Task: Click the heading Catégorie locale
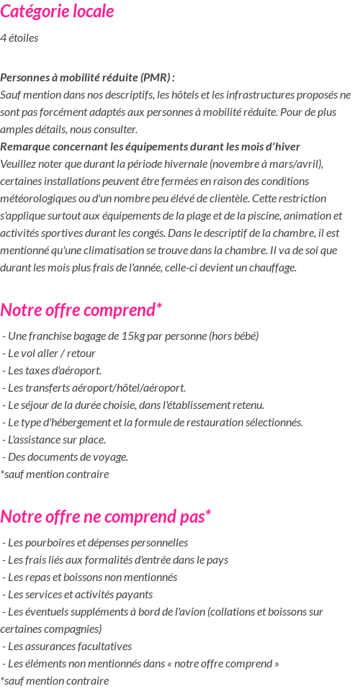point(57,12)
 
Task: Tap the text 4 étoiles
point(19,38)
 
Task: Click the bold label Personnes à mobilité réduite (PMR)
point(87,78)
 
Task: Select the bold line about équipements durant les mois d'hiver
point(150,147)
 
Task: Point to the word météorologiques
point(39,199)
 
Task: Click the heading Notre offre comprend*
point(81,310)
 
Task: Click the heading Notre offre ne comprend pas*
point(105,517)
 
